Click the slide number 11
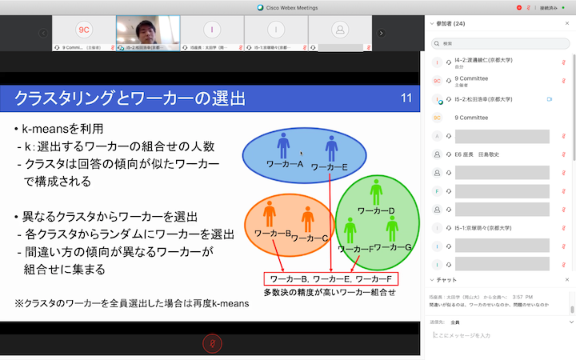(x=406, y=98)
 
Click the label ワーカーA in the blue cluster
(x=284, y=165)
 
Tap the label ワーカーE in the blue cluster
(x=329, y=167)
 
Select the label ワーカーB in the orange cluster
(x=271, y=234)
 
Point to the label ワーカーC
(x=310, y=238)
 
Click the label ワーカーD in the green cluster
(x=376, y=210)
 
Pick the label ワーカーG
(x=393, y=247)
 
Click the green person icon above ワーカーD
(x=376, y=190)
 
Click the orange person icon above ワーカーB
(x=270, y=214)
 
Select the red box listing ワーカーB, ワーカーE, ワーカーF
(x=331, y=278)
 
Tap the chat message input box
(x=500, y=335)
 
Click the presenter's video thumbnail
(x=148, y=30)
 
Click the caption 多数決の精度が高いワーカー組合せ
(x=330, y=293)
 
